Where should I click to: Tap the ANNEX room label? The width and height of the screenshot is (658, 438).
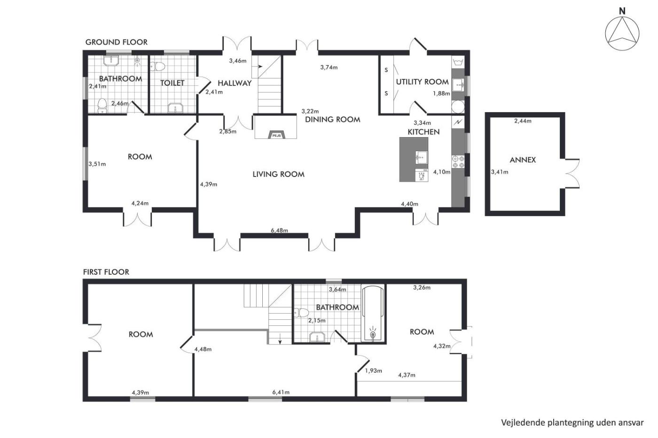(x=523, y=160)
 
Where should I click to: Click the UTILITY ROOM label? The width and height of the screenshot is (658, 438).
(x=422, y=82)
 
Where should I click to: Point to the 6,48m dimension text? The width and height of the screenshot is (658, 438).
(x=279, y=231)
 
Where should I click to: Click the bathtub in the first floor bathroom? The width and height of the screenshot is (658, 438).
(x=373, y=314)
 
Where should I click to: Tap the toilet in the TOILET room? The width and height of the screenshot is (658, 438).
(x=157, y=66)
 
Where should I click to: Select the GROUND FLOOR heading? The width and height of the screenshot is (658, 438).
(x=117, y=42)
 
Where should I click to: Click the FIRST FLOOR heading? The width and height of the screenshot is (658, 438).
(x=106, y=272)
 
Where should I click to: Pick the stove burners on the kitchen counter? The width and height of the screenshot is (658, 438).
(x=458, y=162)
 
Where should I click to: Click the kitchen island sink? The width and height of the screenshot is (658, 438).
(x=422, y=158)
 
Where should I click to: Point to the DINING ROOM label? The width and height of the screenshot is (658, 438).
(x=333, y=120)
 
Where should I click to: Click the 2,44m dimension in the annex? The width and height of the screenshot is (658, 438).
(x=523, y=121)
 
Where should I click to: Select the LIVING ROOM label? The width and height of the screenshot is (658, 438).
(x=278, y=174)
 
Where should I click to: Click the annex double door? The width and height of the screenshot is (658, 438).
(x=572, y=174)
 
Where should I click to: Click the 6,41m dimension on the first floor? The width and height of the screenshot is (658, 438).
(x=281, y=392)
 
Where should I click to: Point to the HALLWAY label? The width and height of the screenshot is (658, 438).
(x=235, y=83)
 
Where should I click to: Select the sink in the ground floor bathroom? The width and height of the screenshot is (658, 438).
(x=111, y=61)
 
